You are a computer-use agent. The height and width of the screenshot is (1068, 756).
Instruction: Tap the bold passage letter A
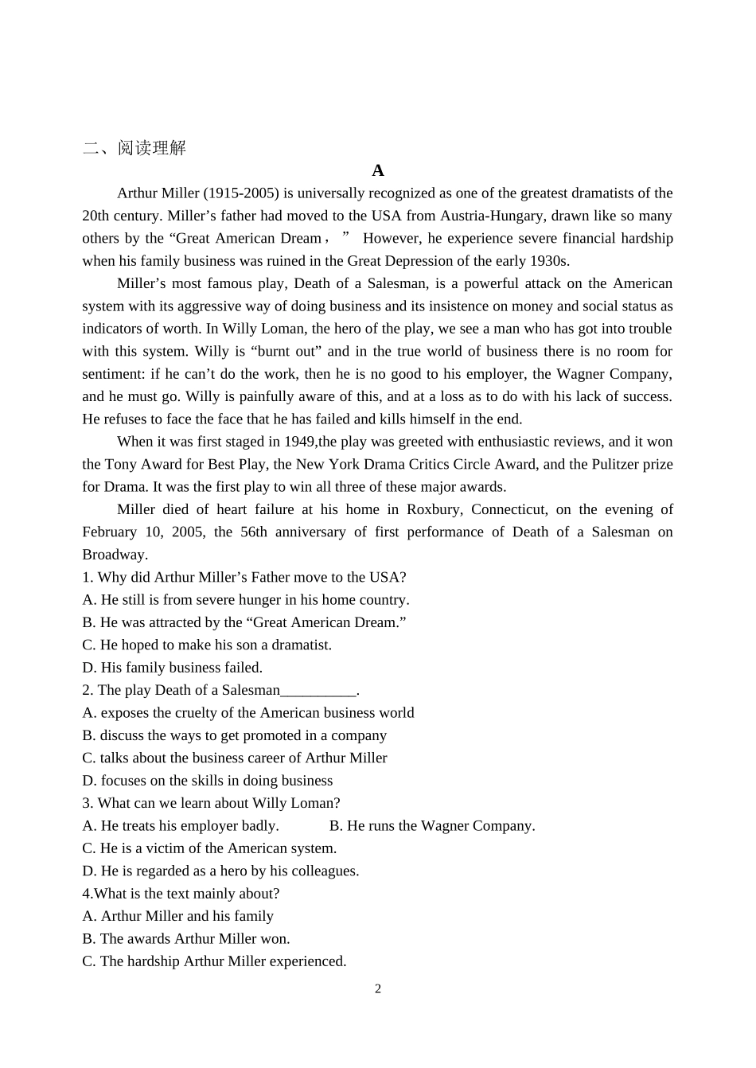click(x=378, y=170)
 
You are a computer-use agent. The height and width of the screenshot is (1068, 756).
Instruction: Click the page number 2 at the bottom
click(x=378, y=989)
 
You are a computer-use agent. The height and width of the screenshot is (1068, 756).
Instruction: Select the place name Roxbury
click(x=437, y=510)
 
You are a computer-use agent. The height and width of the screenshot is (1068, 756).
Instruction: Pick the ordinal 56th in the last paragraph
click(x=253, y=532)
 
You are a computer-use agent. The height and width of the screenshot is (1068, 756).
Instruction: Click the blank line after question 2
click(x=318, y=691)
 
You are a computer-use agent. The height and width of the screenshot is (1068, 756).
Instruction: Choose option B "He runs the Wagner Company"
click(x=432, y=826)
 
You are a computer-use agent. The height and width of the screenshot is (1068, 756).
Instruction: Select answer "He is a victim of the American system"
click(x=210, y=848)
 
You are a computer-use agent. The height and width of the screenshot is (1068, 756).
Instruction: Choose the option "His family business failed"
click(x=173, y=668)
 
